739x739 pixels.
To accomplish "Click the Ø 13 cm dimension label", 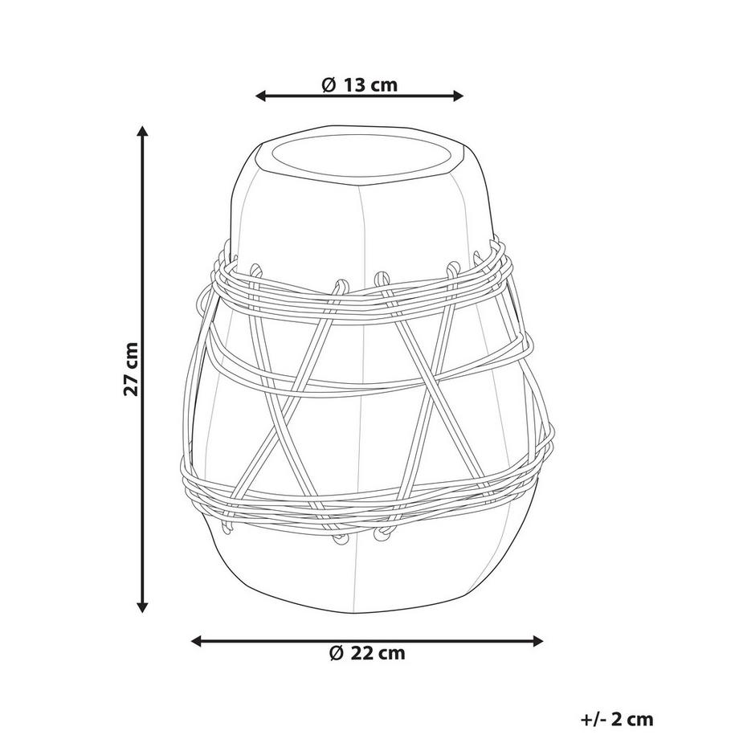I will (359, 84).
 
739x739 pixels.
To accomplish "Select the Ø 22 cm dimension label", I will (367, 653).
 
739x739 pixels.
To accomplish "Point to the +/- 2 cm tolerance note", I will (616, 720).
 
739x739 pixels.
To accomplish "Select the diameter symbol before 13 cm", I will (328, 84).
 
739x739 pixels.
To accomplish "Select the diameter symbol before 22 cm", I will (337, 653).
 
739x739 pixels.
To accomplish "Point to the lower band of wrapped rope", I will (365, 494).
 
